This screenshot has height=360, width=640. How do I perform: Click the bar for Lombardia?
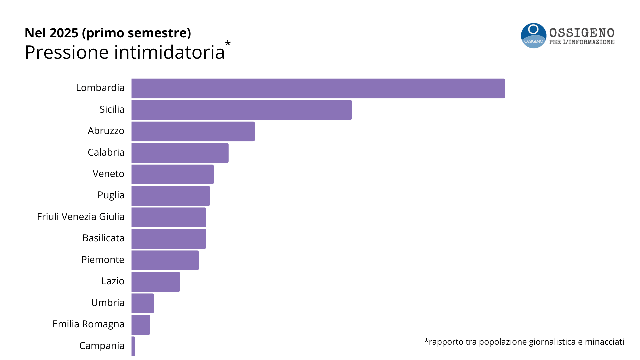pyautogui.click(x=318, y=88)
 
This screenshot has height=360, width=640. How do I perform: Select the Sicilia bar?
pyautogui.click(x=241, y=110)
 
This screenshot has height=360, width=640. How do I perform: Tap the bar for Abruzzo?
pyautogui.click(x=193, y=131)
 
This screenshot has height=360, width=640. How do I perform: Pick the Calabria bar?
pyautogui.click(x=180, y=153)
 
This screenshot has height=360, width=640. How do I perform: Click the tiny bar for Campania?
pyautogui.click(x=133, y=346)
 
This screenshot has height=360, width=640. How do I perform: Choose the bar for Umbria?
pyautogui.click(x=143, y=303)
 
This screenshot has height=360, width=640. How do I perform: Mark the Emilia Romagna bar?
pyautogui.click(x=141, y=325)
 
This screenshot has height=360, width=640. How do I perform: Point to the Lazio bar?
pyautogui.click(x=156, y=282)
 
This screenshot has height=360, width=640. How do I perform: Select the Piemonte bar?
pyautogui.click(x=165, y=260)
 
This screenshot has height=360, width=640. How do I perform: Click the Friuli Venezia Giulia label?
pyautogui.click(x=81, y=217)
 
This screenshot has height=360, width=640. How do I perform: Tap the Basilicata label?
pyautogui.click(x=103, y=238)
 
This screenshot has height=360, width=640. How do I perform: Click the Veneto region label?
pyautogui.click(x=108, y=174)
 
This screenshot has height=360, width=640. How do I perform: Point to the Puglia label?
pyautogui.click(x=111, y=195)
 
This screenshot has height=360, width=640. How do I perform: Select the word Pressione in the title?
pyautogui.click(x=67, y=52)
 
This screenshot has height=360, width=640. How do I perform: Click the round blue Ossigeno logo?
pyautogui.click(x=533, y=36)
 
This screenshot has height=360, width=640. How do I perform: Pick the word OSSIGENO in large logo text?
pyautogui.click(x=582, y=33)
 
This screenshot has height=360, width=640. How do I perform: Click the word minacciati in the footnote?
pyautogui.click(x=604, y=342)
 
